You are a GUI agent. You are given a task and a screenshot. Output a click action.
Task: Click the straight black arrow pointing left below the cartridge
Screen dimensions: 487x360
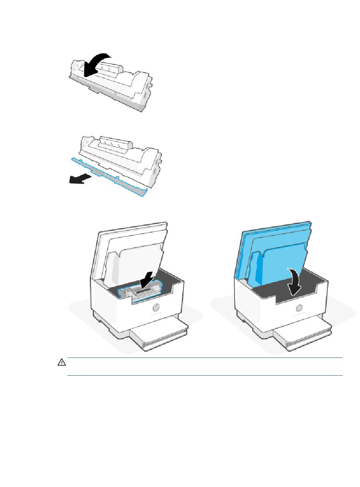[80, 179]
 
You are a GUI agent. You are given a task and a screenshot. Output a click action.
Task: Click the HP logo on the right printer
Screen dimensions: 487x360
[299, 307]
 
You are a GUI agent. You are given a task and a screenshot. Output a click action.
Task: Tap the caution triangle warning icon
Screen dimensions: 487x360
[61, 362]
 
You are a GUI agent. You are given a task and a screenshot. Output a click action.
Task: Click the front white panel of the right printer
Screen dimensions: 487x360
[258, 307]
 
